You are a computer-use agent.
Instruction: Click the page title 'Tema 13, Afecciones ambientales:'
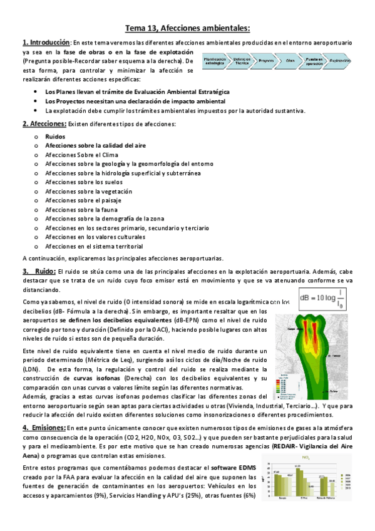coord(187,28)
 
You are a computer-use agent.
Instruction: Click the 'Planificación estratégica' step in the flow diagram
coord(215,61)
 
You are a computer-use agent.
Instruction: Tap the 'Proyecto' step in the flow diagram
coord(265,61)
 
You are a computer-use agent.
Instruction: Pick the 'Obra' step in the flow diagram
coord(290,61)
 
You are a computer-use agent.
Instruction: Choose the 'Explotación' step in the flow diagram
coord(339,61)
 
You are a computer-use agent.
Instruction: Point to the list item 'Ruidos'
coord(55,135)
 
